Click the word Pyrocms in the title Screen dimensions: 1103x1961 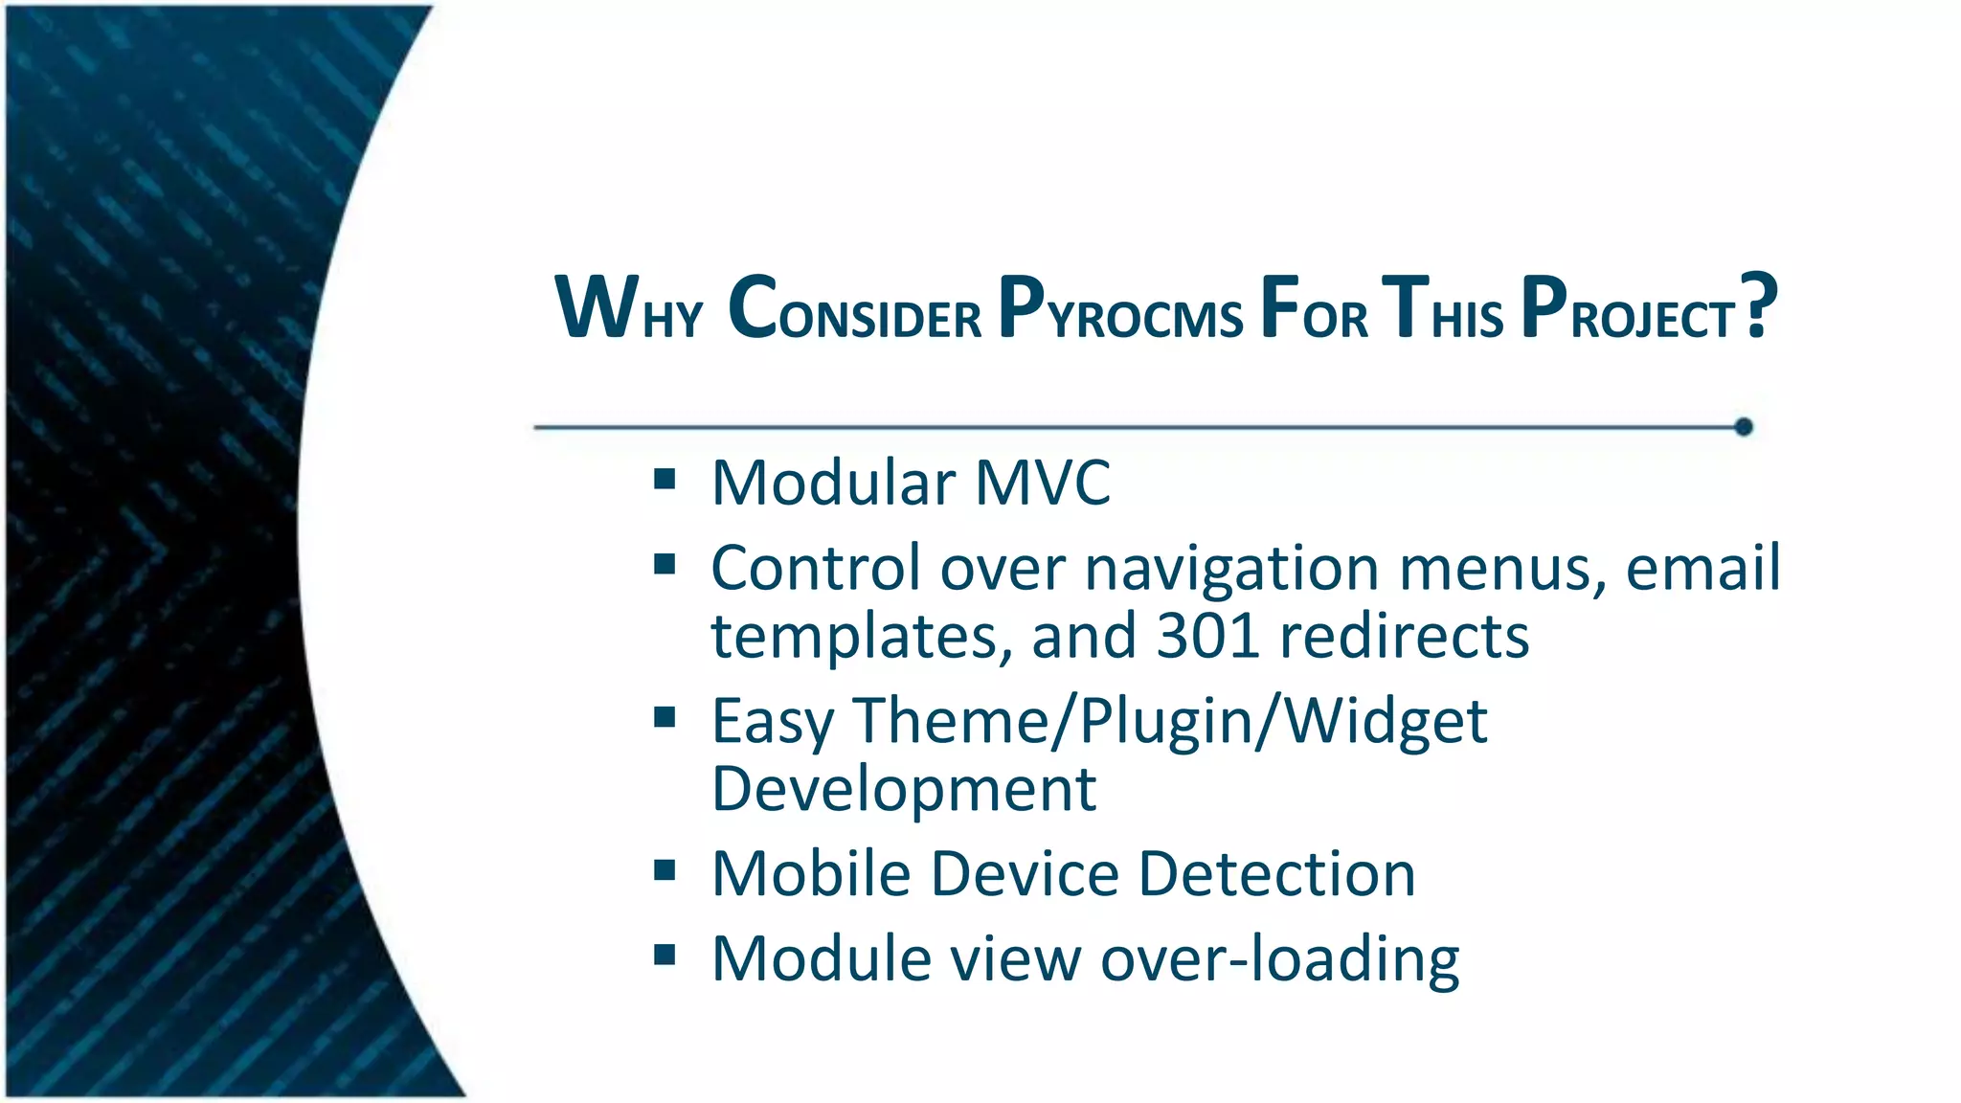1120,308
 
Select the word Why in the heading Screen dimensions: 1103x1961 628,308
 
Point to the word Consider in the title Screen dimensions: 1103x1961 854,308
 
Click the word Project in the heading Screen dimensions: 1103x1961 1628,308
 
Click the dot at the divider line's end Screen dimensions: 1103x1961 1744,427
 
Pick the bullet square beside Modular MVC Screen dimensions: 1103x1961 665,479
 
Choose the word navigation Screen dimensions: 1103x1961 1231,571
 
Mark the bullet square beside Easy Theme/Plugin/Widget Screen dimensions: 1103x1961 665,717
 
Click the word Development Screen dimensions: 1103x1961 904,789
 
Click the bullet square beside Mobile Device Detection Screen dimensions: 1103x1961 665,870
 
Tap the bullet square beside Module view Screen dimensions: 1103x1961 665,955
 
